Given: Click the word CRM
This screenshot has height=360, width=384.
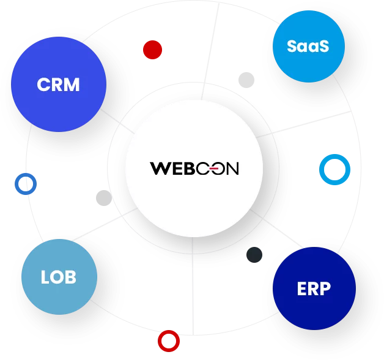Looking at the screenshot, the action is tap(58, 85).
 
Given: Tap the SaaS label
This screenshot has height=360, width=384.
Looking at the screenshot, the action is tap(308, 46).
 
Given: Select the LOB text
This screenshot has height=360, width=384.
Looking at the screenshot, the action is tap(59, 277).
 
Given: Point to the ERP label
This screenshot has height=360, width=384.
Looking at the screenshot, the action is tap(314, 288).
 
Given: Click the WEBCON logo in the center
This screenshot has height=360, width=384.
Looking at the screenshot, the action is tap(194, 168).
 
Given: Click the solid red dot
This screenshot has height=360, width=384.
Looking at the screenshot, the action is tap(153, 50).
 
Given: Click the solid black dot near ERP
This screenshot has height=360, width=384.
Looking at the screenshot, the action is tap(254, 255).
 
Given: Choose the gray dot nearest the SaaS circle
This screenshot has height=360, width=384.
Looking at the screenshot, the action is tap(246, 80).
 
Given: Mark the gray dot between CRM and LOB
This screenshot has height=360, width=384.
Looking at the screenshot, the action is tap(104, 198).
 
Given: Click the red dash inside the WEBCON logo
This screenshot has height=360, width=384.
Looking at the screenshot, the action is tap(214, 168).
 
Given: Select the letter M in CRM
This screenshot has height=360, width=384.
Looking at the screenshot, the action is tap(72, 85).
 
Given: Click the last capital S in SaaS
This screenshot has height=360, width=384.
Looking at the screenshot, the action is tap(323, 46).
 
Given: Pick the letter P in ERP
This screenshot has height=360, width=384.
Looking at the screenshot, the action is tap(325, 288).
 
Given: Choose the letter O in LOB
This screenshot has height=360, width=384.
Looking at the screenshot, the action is tap(58, 277).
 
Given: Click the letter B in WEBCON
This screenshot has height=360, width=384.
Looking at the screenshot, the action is tap(190, 168).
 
